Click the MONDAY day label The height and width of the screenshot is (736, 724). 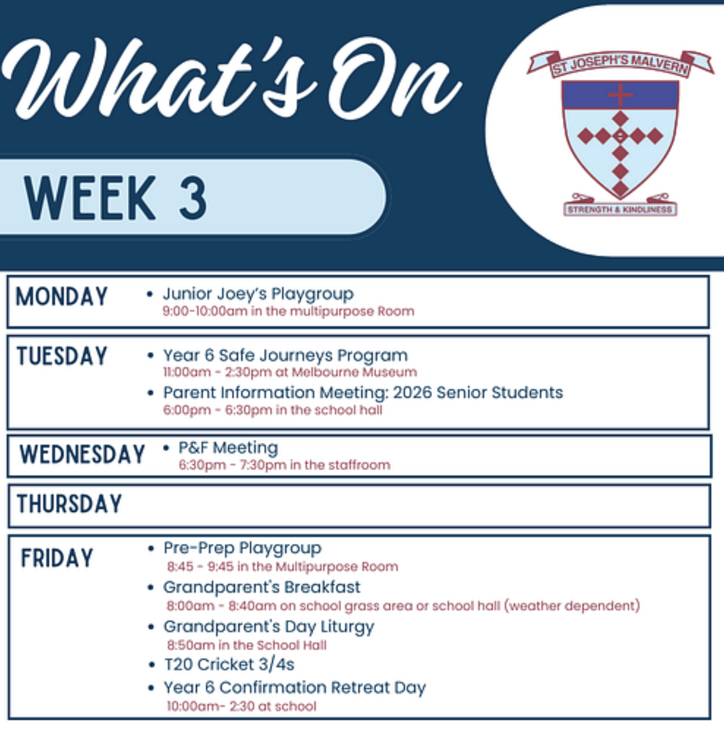coord(61,296)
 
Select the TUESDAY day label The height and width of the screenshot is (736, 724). coord(62,356)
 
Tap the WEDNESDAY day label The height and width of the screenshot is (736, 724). coord(82,454)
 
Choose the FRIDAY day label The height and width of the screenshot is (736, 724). coord(57,558)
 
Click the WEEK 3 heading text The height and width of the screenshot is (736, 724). coord(115,198)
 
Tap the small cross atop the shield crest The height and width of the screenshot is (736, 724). coord(620,94)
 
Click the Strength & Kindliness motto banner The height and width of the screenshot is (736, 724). coord(620,210)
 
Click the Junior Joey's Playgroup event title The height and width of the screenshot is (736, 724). coord(258,294)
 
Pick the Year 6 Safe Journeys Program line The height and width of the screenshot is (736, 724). coord(285,356)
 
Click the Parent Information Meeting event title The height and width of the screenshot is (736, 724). coord(363,393)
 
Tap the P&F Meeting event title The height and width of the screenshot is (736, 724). coord(228,448)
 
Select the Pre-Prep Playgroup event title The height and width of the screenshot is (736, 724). coord(242,548)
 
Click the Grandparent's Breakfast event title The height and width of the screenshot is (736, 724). coord(262,587)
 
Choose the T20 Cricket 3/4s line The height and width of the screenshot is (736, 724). coord(229,664)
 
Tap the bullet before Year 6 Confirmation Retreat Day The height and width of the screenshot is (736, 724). coord(152,688)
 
